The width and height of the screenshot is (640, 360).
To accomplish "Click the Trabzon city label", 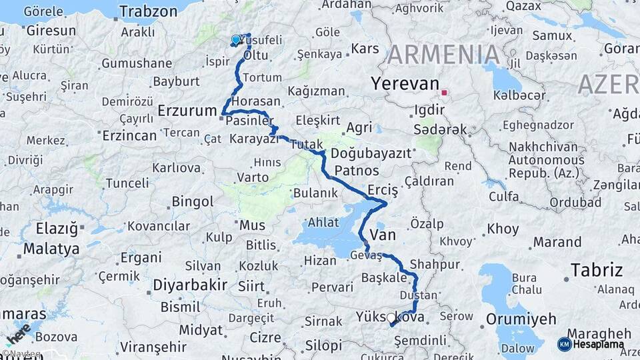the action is [148, 11].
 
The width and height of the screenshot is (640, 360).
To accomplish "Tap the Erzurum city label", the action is [188, 111].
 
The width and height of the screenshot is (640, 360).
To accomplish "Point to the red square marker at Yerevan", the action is [443, 93].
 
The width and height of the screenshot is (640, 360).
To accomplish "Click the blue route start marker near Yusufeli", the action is [235, 40].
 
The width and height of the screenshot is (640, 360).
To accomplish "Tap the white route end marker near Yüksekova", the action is [391, 318].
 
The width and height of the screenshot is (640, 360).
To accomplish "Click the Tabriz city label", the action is [596, 270].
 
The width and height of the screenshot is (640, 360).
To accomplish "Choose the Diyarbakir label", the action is [190, 285].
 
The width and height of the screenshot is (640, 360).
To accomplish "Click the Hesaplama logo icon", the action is [564, 344].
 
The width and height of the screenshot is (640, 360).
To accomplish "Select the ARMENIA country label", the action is [443, 54].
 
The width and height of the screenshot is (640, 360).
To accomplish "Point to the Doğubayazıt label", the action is [371, 153].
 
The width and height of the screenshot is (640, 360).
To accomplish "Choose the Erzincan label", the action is [129, 135].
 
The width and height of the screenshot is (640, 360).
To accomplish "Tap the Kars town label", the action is [365, 49].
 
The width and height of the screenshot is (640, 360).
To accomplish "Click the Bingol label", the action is [193, 201].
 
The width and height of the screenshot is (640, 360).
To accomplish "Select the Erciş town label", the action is [382, 191].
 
